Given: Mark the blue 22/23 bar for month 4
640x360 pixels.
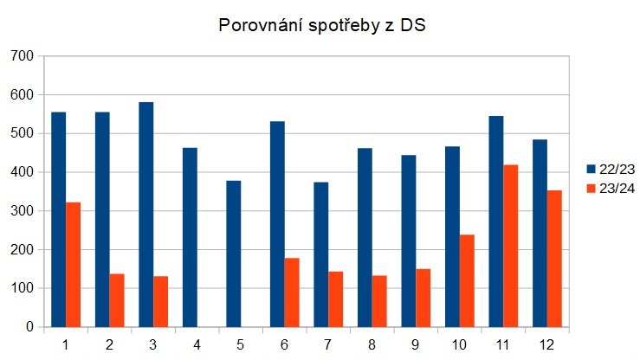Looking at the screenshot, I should click(x=190, y=237).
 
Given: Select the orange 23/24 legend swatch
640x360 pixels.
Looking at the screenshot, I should click(x=592, y=189).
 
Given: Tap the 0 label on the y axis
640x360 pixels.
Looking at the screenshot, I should click(x=29, y=327).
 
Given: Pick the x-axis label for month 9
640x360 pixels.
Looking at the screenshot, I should click(x=416, y=344).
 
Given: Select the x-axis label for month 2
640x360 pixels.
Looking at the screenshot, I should click(x=109, y=344).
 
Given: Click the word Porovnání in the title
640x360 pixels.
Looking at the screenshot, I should click(x=257, y=26).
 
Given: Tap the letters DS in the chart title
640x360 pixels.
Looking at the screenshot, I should click(x=412, y=26).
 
